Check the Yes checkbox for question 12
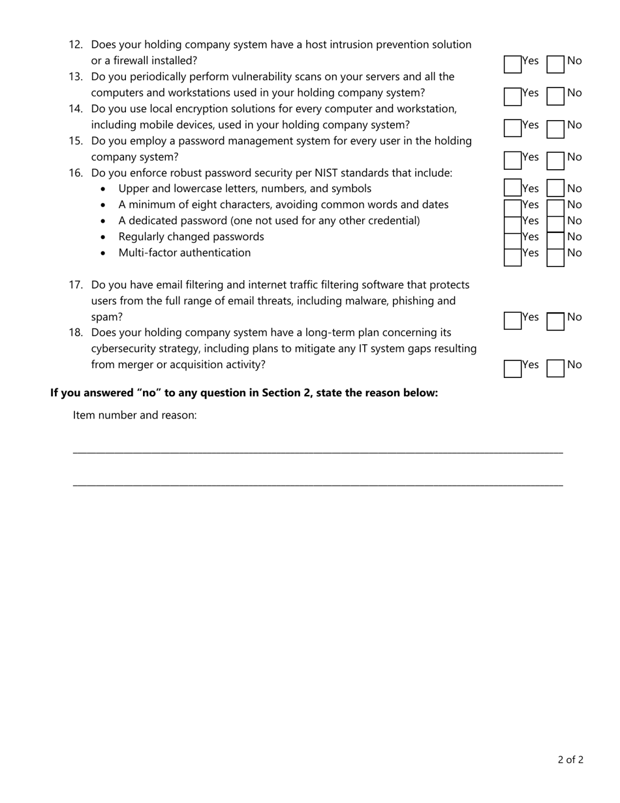point(512,64)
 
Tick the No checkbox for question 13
point(555,96)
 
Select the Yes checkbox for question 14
point(512,128)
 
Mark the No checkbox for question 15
point(555,160)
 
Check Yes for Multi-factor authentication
point(512,257)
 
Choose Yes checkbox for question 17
point(512,321)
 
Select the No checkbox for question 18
point(555,368)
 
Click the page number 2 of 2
point(570,759)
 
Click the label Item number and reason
point(134,415)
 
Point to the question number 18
point(76,333)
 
